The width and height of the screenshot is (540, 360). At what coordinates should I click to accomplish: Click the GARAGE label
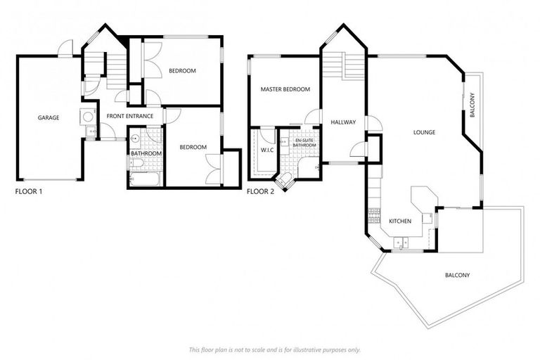[49, 117]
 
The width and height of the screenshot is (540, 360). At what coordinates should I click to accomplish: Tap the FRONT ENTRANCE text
[130, 116]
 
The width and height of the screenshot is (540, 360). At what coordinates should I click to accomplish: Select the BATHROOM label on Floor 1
[146, 153]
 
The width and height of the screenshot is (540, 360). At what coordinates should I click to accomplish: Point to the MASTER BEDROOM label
[285, 89]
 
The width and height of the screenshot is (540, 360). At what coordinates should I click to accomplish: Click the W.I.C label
[266, 149]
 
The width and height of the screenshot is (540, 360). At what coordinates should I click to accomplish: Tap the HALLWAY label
[343, 122]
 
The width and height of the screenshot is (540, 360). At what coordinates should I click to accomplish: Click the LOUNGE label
[424, 131]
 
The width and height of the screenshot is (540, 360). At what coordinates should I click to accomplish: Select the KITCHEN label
[399, 221]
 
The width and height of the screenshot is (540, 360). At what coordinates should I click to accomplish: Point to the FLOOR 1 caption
[29, 191]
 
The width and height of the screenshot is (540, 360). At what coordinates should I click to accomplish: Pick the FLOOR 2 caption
[261, 191]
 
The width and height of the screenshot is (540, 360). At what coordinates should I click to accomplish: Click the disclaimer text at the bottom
[274, 349]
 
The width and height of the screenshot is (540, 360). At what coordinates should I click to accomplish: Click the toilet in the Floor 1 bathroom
[137, 163]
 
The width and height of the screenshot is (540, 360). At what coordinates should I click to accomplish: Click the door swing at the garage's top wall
[65, 49]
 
